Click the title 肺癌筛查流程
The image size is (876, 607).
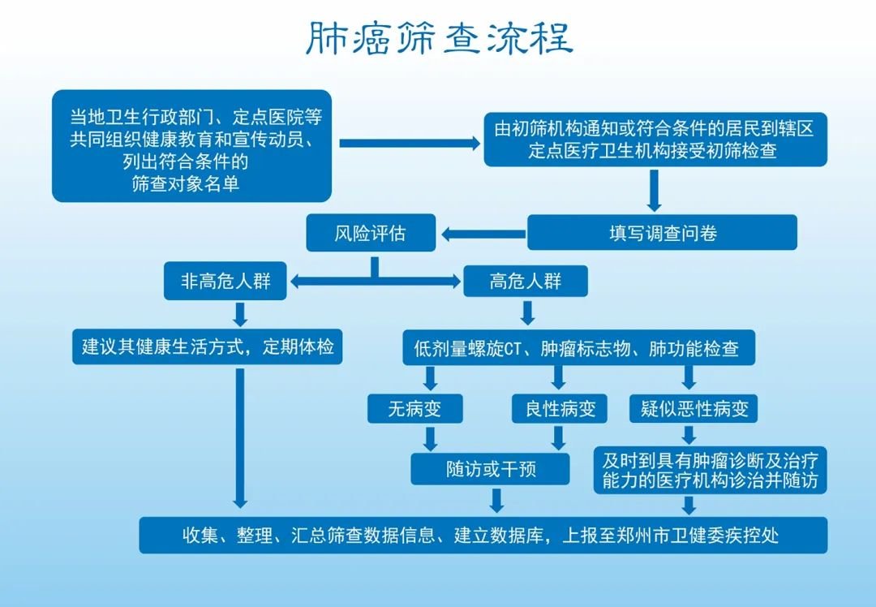click(x=439, y=38)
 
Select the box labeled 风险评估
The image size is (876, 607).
click(x=371, y=234)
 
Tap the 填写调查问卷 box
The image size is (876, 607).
click(x=663, y=233)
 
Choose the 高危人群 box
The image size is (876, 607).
click(x=526, y=282)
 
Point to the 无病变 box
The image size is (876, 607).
click(x=414, y=409)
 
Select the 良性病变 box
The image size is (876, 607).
click(x=559, y=409)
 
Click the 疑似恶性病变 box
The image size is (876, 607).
click(x=694, y=409)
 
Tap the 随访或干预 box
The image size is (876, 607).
click(x=491, y=469)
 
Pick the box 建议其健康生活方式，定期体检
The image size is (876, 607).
click(x=208, y=347)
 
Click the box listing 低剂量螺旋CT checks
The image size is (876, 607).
click(x=576, y=349)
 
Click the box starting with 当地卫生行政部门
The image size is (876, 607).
click(x=191, y=146)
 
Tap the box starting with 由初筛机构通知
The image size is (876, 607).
click(x=655, y=139)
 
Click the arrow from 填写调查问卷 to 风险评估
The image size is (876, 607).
click(x=482, y=235)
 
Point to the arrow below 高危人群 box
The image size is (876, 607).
click(x=528, y=312)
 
